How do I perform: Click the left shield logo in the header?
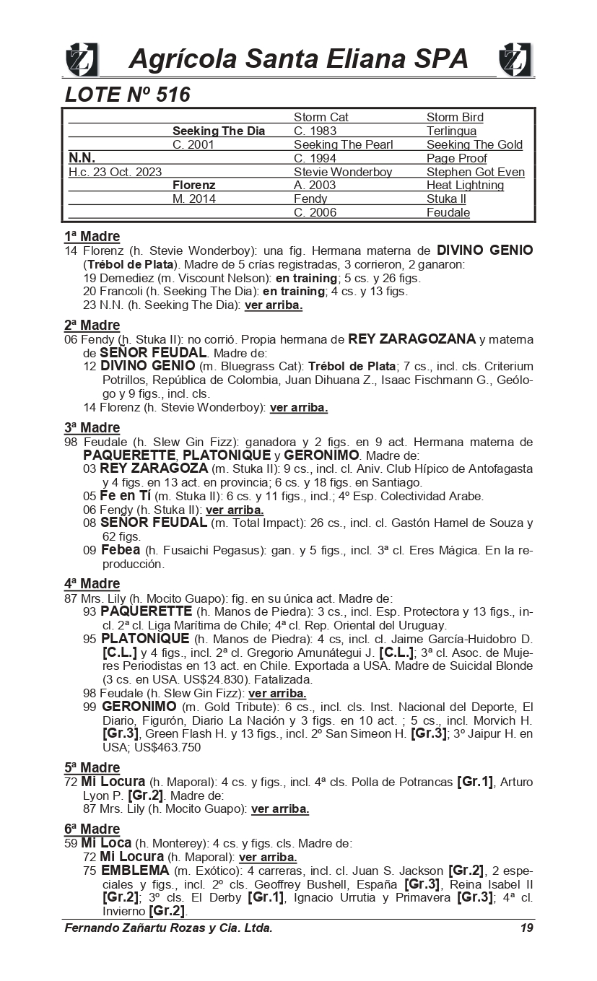tap(82, 59)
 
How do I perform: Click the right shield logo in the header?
tap(515, 59)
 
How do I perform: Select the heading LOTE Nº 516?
tap(128, 95)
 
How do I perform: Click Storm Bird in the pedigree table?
tap(455, 117)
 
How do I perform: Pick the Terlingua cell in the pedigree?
tap(451, 131)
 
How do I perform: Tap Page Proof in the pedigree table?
tap(456, 158)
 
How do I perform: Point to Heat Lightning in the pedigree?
tap(465, 185)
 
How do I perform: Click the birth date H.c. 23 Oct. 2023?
tap(115, 172)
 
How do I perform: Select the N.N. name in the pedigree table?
tap(82, 157)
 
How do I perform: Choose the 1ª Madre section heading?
tap(92, 236)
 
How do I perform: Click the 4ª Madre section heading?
tap(92, 583)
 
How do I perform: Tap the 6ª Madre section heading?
tap(92, 829)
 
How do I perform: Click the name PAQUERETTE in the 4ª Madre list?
tap(146, 611)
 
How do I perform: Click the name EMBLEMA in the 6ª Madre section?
tap(135, 870)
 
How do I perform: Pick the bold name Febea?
tap(120, 550)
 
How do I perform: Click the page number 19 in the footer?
tap(526, 928)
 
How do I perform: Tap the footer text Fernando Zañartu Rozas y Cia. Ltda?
tap(168, 928)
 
